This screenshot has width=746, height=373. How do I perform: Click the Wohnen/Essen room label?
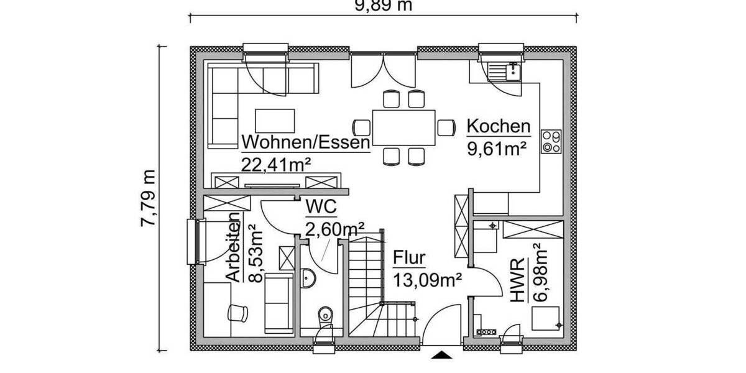(x=306, y=142)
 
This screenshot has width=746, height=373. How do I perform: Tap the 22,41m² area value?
(x=276, y=163)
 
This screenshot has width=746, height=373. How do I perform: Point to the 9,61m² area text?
(x=497, y=148)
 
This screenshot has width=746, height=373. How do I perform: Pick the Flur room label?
(x=409, y=258)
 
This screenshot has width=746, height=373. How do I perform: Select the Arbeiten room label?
(x=233, y=247)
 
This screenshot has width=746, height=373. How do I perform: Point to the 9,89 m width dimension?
(x=384, y=6)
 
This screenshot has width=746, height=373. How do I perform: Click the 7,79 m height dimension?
(x=149, y=197)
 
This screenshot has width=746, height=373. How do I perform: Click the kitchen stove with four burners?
(x=551, y=140)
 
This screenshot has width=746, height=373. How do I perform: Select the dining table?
(x=404, y=127)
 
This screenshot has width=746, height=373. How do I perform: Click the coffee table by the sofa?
(x=275, y=121)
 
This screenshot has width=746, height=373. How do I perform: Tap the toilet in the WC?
(x=325, y=315)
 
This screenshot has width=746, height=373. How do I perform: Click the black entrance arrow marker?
(x=441, y=354)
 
